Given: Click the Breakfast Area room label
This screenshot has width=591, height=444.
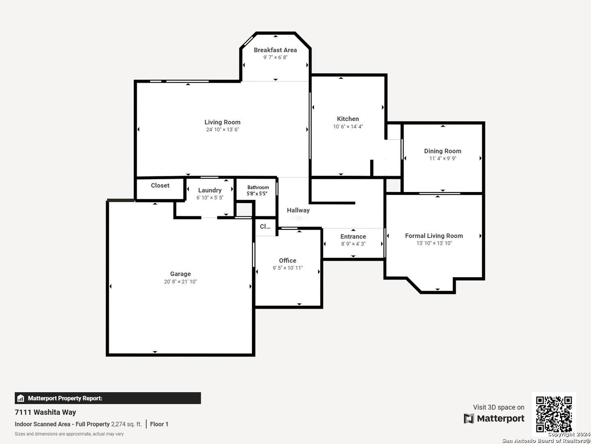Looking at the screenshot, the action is click(275, 50).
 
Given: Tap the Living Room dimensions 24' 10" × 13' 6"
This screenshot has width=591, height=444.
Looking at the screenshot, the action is click(222, 129).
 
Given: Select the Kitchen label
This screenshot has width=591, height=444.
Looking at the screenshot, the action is click(348, 119).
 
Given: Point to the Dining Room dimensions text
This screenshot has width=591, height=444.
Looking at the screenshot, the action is click(443, 159).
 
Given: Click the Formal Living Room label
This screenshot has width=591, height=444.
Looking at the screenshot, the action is click(434, 236).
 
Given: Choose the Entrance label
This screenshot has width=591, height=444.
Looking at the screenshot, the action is click(353, 237).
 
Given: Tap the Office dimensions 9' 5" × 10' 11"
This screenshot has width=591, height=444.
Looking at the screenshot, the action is click(288, 268).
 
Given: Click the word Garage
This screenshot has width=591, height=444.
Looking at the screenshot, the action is click(181, 274).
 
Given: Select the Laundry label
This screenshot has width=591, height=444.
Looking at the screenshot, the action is click(210, 190).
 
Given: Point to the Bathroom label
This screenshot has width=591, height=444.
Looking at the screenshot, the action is click(258, 187).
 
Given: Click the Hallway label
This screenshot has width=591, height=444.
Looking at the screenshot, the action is click(298, 210).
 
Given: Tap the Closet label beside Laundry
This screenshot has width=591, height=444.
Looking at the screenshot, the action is click(160, 185).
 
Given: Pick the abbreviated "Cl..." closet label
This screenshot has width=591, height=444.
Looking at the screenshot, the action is click(265, 227).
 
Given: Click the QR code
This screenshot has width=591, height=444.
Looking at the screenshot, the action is click(554, 414).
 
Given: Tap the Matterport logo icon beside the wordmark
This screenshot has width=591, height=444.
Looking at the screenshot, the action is click(469, 419).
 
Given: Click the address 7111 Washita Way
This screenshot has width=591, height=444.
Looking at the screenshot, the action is click(45, 412).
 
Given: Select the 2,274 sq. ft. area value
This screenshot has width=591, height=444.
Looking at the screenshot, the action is click(126, 424).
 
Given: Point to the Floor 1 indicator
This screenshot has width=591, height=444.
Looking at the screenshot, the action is click(159, 424).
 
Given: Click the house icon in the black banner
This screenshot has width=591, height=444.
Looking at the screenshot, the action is click(21, 398).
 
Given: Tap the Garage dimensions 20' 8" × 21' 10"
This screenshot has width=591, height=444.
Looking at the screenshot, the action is click(181, 282).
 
